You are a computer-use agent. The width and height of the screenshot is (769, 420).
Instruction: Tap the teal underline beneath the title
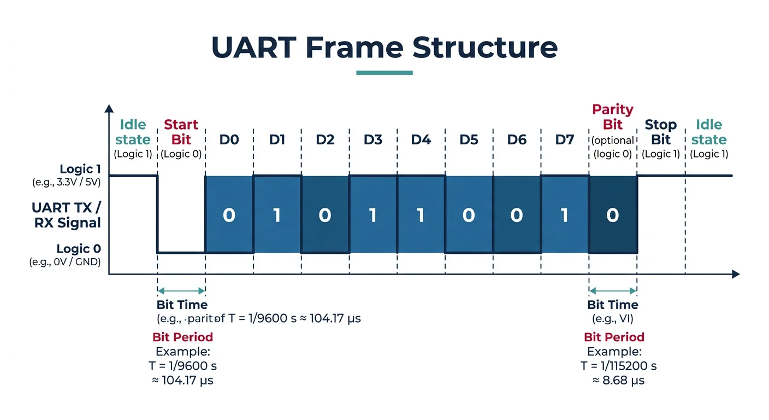[x=384, y=73]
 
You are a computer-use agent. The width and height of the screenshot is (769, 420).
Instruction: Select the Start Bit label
[x=181, y=132]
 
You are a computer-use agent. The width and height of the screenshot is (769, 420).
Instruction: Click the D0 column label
[x=229, y=140]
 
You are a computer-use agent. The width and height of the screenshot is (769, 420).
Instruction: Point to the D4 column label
[x=421, y=140]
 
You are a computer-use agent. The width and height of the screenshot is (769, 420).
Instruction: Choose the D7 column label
[x=565, y=140]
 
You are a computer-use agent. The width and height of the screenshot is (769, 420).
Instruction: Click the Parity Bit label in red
[x=613, y=117]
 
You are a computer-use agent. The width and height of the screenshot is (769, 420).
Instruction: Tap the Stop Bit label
[x=660, y=132]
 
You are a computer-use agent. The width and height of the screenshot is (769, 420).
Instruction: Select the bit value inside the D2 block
[x=325, y=215]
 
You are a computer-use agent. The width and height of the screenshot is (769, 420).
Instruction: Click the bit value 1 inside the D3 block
[x=372, y=215]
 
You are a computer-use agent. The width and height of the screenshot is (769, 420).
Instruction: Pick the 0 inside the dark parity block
[x=613, y=215]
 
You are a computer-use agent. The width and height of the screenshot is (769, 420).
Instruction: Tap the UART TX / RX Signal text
[x=66, y=215]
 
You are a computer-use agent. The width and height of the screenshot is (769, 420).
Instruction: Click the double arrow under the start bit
[x=181, y=291]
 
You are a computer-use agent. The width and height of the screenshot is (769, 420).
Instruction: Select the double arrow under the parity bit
[x=613, y=291]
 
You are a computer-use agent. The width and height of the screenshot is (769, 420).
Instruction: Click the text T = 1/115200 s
[x=618, y=366]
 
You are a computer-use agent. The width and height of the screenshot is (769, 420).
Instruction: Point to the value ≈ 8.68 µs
[x=618, y=380]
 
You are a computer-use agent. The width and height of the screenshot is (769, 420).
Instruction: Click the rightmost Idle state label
[x=709, y=132]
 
